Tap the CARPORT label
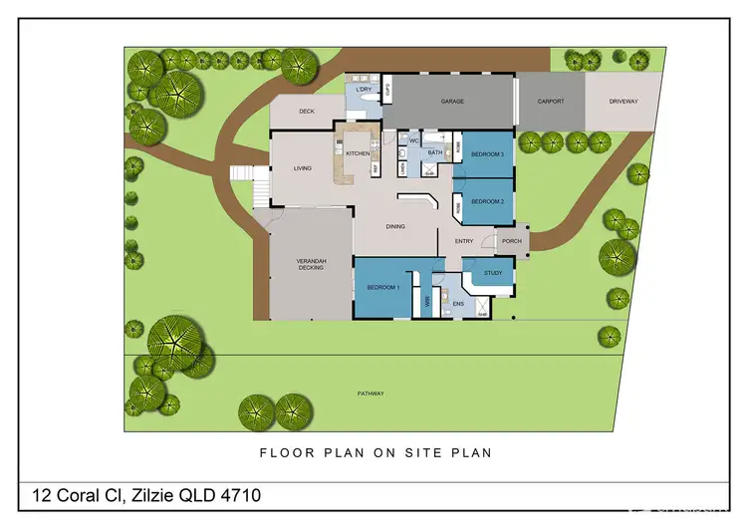tap(551, 101)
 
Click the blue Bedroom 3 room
tap(487, 154)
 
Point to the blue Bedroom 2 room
tap(487, 202)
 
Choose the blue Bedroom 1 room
tap(383, 287)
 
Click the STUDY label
tap(493, 271)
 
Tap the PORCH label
tap(512, 240)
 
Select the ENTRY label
tap(464, 241)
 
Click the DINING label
tap(395, 226)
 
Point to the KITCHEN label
tap(358, 153)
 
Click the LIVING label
tap(303, 168)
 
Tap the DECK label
tap(307, 112)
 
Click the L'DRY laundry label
tap(364, 89)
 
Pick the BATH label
tap(434, 152)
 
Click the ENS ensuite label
tap(458, 303)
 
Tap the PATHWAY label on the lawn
tap(371, 394)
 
